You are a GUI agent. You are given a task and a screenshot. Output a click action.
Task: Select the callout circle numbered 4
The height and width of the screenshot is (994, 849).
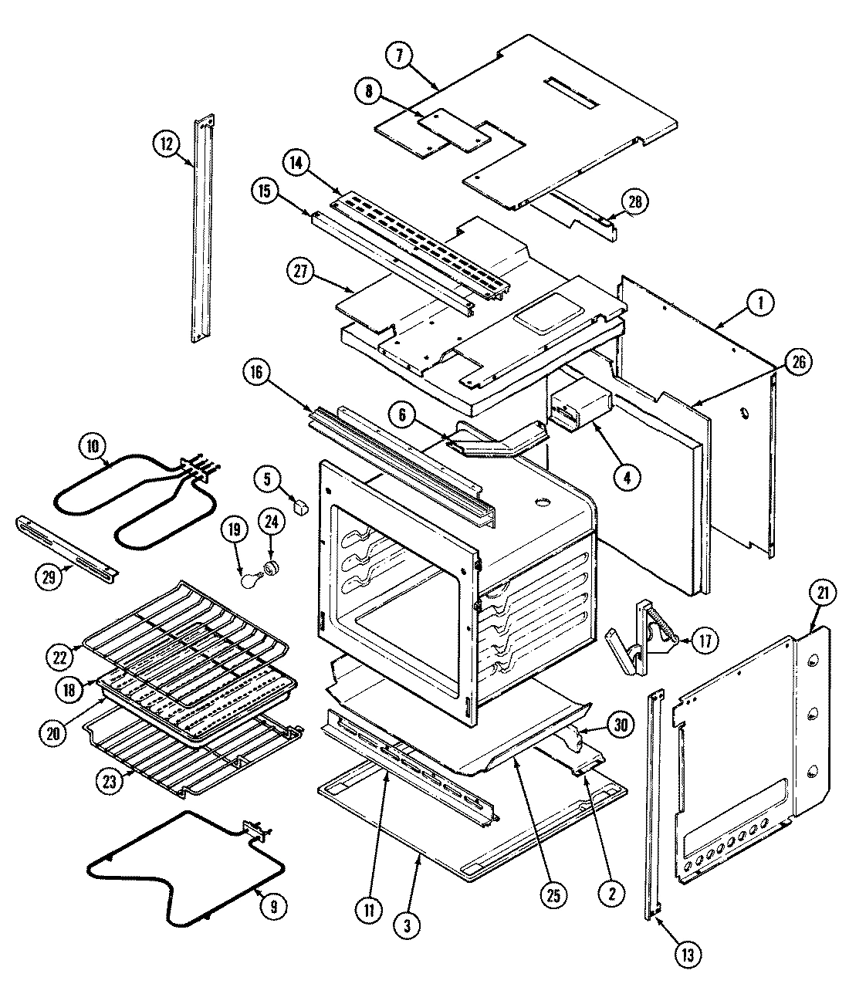click(x=627, y=478)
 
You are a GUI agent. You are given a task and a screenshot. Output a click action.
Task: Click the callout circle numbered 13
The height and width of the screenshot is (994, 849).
click(x=685, y=955)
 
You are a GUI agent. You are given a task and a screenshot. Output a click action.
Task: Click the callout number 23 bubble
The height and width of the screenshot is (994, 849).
click(x=110, y=779)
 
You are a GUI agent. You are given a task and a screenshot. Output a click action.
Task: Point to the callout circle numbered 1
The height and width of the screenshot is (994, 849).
click(x=760, y=304)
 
